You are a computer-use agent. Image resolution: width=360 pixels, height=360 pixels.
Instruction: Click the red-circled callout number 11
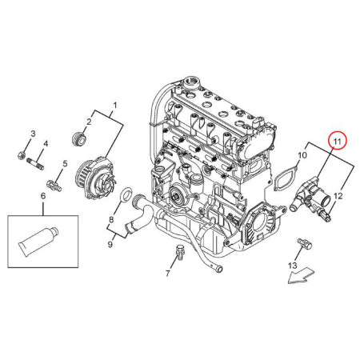pyautogui.click(x=338, y=142)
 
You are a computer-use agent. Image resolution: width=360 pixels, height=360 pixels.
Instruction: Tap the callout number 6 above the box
pyautogui.click(x=43, y=196)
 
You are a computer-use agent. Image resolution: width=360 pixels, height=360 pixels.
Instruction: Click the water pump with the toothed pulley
pyautogui.click(x=96, y=178)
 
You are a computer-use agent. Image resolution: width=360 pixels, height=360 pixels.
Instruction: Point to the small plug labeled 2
pyautogui.click(x=79, y=138)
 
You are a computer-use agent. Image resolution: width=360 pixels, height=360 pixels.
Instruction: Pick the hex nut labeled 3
pyautogui.click(x=22, y=155)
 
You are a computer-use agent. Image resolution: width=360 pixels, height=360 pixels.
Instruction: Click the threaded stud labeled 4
pyautogui.click(x=35, y=163)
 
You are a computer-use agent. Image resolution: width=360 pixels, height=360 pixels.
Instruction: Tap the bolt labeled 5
pyautogui.click(x=54, y=186)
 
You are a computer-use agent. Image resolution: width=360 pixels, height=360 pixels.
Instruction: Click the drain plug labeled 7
pyautogui.click(x=179, y=251)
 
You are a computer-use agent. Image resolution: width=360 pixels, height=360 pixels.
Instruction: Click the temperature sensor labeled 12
pyautogui.click(x=324, y=215)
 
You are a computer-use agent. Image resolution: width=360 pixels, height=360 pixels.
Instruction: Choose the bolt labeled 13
pyautogui.click(x=304, y=244)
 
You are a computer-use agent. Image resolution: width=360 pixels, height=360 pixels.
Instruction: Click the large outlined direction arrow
pyautogui.click(x=302, y=275)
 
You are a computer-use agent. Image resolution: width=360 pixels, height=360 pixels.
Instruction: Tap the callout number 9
pyautogui.click(x=110, y=244)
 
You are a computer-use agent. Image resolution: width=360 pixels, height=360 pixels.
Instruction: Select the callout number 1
pyautogui.click(x=115, y=106)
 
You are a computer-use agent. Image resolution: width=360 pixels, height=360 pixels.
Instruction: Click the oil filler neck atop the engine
pyautogui.click(x=191, y=82)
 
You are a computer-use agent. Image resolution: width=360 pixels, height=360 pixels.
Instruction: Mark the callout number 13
pyautogui.click(x=293, y=266)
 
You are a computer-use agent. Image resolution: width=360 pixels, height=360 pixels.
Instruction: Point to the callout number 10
pyautogui.click(x=302, y=155)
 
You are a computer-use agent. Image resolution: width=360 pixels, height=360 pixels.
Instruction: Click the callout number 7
pyautogui.click(x=167, y=274)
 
